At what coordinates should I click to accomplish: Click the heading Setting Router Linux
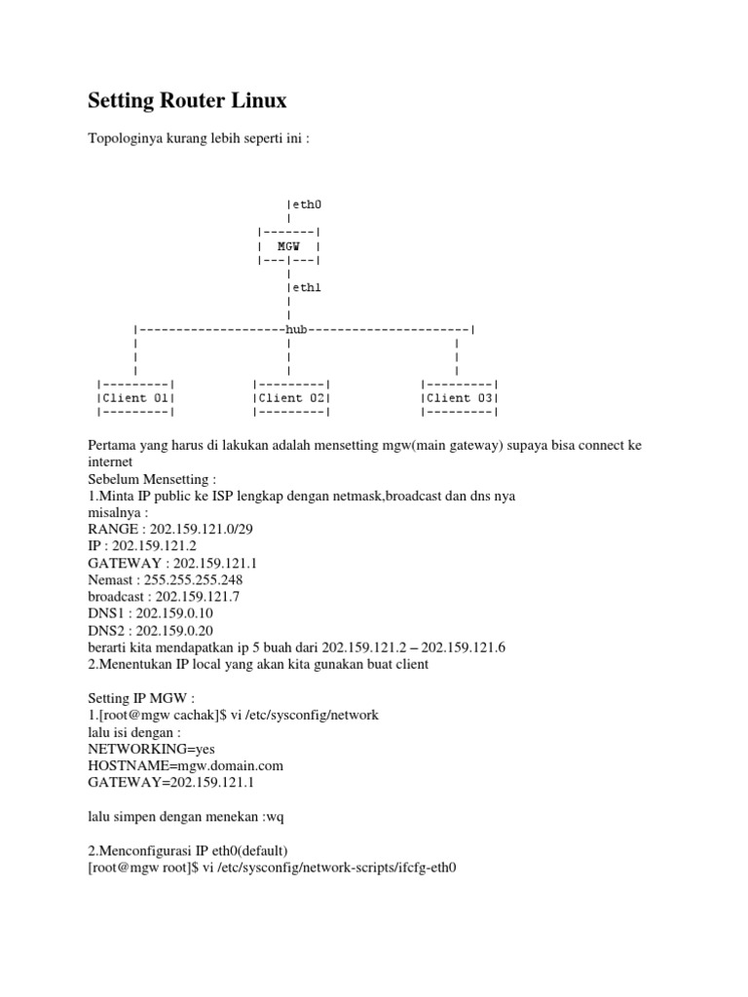point(187,100)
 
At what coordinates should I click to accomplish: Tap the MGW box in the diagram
point(288,246)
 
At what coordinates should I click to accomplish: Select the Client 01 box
point(135,397)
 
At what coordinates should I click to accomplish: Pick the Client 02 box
point(291,397)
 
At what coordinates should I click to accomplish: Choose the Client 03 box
point(459,397)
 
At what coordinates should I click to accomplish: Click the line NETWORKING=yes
point(151,748)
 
